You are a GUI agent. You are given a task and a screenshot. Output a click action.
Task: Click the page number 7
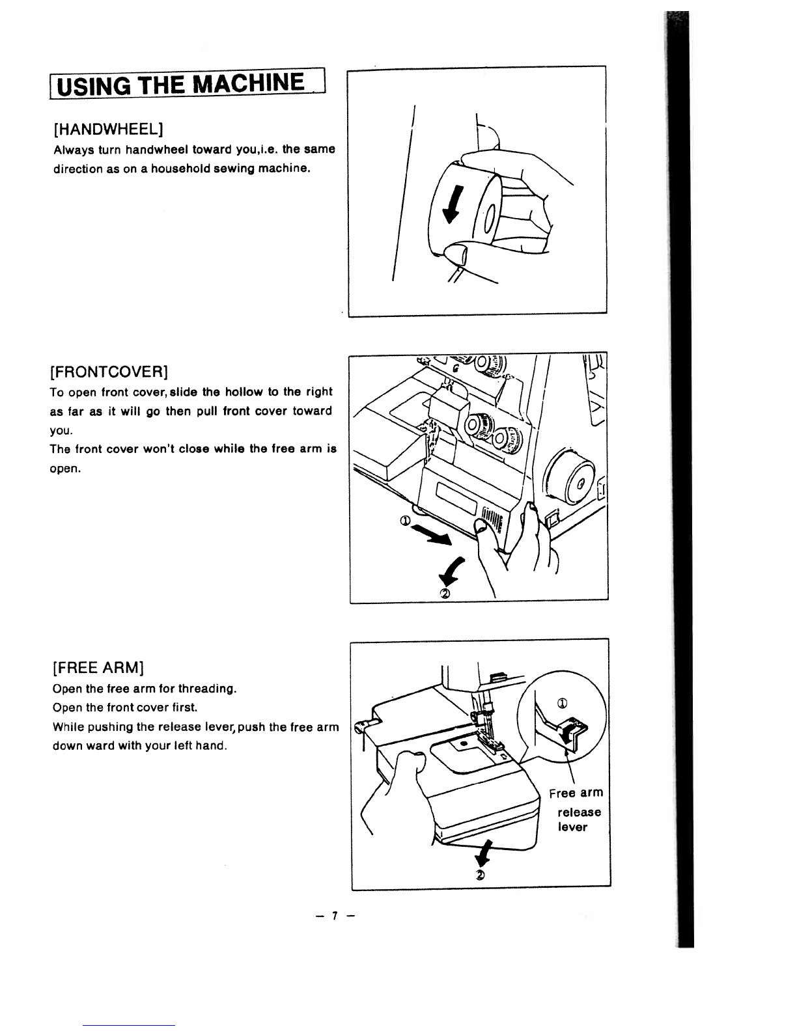(x=333, y=916)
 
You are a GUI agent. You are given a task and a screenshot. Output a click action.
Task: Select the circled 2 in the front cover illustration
(x=445, y=592)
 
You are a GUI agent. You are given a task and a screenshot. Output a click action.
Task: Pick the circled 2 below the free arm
(x=481, y=874)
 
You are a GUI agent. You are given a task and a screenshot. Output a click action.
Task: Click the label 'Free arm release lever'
(x=576, y=810)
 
